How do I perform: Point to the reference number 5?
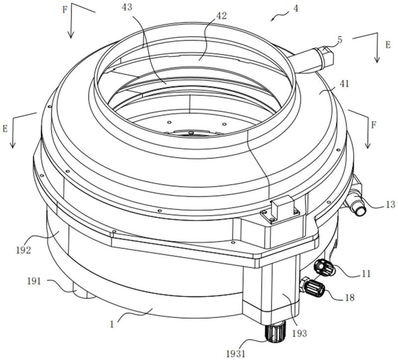click(339, 37)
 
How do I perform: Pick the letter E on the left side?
click(5, 128)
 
